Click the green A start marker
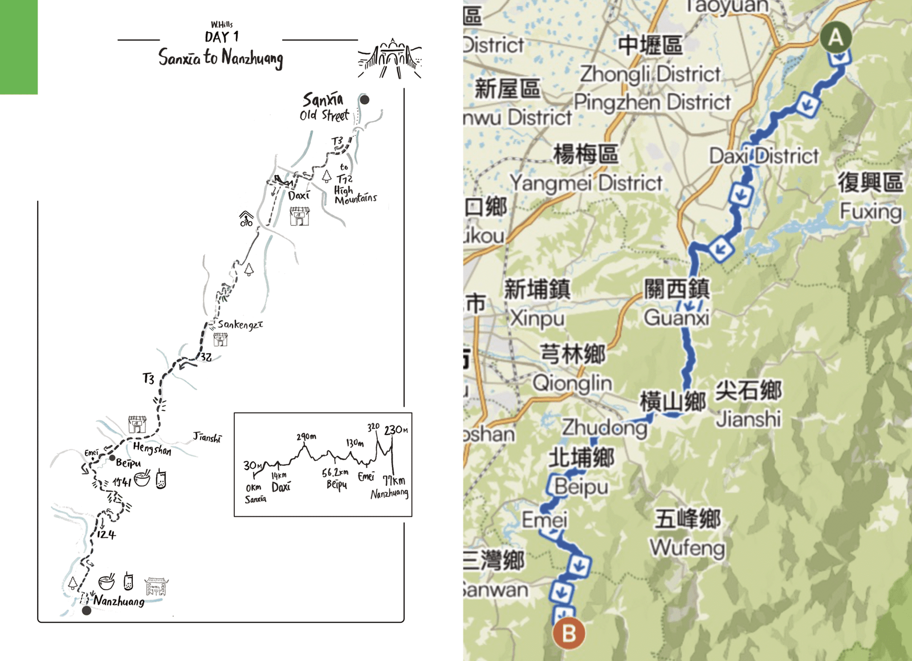836,37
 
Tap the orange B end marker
569,633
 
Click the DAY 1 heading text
222,37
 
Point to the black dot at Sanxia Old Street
364,99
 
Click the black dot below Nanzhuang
87,611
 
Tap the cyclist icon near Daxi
246,219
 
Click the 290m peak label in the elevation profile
306,437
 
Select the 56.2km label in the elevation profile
335,473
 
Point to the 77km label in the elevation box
394,481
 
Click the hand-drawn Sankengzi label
240,325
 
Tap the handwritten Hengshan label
152,449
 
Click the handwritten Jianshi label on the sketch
207,437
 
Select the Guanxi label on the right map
677,318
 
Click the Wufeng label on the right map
687,548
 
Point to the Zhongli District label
650,74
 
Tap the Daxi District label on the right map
764,156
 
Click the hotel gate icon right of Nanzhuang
156,587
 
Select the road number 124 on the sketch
106,534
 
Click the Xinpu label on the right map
537,318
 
